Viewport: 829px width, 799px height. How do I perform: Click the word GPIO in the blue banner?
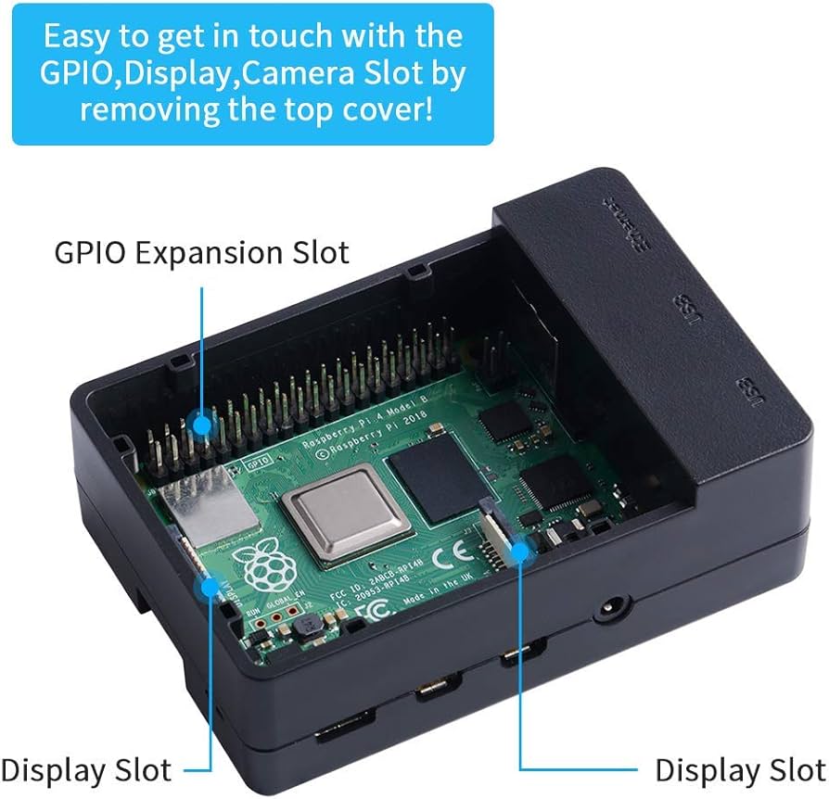[77, 73]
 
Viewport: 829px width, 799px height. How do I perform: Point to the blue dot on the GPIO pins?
[202, 424]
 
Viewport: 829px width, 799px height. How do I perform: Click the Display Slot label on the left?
[86, 769]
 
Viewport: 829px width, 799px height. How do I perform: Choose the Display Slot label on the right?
[739, 769]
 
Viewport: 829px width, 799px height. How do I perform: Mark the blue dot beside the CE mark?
[519, 550]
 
